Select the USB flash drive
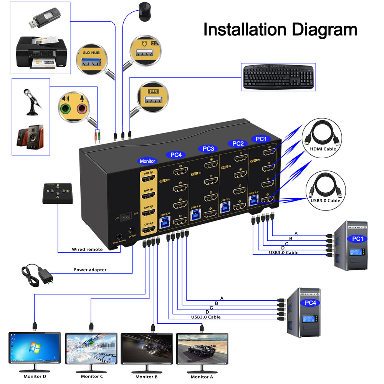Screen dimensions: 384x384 click(x=43, y=18)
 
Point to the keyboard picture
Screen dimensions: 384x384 click(x=278, y=77)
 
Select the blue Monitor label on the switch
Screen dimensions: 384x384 click(x=147, y=161)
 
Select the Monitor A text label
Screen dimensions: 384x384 click(x=202, y=377)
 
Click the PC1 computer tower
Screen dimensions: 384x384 click(x=351, y=246)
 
